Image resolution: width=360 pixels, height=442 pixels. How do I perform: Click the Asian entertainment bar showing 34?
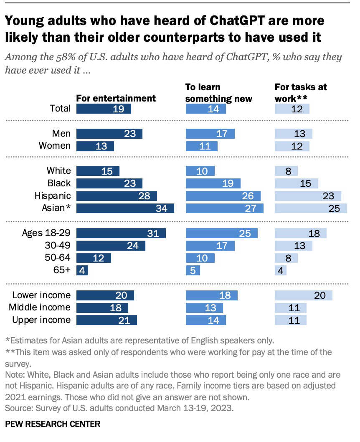pyautogui.click(x=125, y=208)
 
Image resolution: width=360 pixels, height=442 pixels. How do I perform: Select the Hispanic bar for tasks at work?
pyautogui.click(x=308, y=196)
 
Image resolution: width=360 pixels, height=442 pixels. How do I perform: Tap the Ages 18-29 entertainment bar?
pyautogui.click(x=121, y=233)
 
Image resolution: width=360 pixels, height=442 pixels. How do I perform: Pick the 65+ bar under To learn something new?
pyautogui.click(x=193, y=270)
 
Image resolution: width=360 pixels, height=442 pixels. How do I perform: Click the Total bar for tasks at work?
pyautogui.click(x=292, y=109)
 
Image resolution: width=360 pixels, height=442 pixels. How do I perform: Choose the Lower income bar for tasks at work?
pyautogui.click(x=304, y=295)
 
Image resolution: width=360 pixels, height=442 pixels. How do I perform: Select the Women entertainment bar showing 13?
pyautogui.click(x=95, y=146)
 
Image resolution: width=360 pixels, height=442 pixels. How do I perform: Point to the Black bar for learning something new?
pyautogui.click(x=213, y=183)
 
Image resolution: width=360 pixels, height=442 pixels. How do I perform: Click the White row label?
pyautogui.click(x=58, y=170)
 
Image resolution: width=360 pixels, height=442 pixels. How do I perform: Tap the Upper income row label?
pyautogui.click(x=41, y=320)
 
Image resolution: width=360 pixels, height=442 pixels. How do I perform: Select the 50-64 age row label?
pyautogui.click(x=58, y=258)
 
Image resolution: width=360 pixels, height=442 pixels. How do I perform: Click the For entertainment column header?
pyautogui.click(x=116, y=98)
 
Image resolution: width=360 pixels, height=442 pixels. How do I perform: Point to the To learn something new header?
pyautogui.click(x=218, y=93)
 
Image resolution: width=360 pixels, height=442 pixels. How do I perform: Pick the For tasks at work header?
pyautogui.click(x=301, y=93)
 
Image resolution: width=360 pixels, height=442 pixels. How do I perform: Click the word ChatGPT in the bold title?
pyautogui.click(x=237, y=20)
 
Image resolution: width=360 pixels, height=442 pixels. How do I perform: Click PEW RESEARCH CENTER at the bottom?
pyautogui.click(x=53, y=424)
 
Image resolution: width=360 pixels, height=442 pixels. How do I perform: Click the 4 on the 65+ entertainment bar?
pyautogui.click(x=82, y=271)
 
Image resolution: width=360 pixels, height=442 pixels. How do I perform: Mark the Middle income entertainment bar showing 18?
pyautogui.click(x=102, y=307)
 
